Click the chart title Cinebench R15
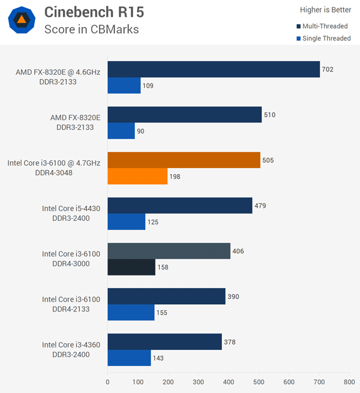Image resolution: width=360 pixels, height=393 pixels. point(94,12)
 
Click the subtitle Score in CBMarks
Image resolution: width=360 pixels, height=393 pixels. point(91,29)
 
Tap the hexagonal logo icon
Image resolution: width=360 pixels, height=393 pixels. point(21,20)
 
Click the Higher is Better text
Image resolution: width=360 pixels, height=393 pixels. point(325,10)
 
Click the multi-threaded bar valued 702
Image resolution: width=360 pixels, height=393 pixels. point(214,70)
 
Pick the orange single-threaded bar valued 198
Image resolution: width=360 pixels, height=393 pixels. point(137,176)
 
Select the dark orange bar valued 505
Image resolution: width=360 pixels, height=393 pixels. point(184,160)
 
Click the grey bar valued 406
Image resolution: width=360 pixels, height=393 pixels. point(169,251)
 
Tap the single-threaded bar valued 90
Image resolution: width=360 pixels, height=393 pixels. point(121,131)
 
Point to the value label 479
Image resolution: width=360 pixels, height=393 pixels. point(260,206)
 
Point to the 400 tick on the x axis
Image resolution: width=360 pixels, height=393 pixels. point(229,381)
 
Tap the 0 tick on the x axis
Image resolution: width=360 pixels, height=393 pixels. point(108,381)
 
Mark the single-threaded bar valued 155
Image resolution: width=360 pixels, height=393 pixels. point(131,313)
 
